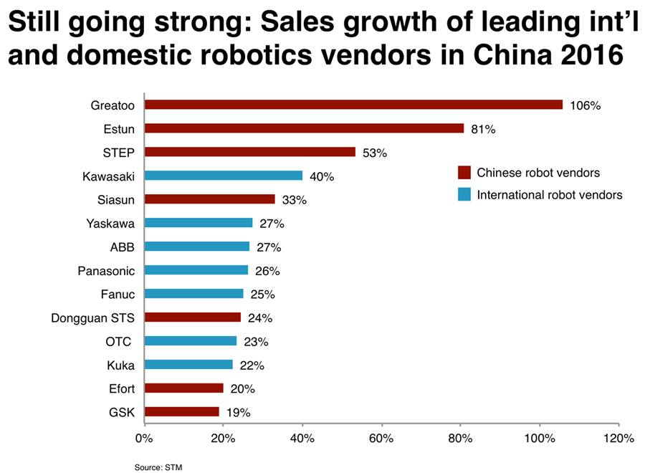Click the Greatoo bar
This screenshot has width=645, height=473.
click(x=353, y=105)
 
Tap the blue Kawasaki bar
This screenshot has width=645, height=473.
click(x=223, y=176)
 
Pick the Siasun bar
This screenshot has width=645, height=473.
click(x=209, y=199)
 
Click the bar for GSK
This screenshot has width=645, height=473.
click(x=181, y=411)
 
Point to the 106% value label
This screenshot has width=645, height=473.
click(x=585, y=105)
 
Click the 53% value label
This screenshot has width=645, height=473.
click(x=374, y=153)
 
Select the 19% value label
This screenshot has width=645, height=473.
click(x=238, y=412)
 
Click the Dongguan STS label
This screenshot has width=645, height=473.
click(x=93, y=317)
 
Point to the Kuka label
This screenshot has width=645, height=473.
click(x=120, y=365)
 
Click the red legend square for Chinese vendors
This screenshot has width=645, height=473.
click(x=464, y=173)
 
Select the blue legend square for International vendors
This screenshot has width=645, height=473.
click(x=464, y=194)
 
